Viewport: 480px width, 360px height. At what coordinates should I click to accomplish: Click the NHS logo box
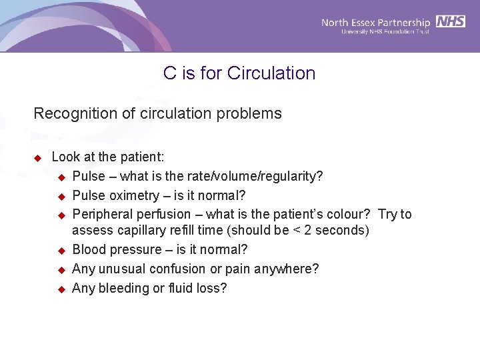[451, 22]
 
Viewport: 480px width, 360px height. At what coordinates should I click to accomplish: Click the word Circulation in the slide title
[271, 73]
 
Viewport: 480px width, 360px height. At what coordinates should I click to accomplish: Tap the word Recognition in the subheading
[72, 114]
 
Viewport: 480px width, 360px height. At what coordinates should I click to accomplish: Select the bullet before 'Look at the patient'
[38, 158]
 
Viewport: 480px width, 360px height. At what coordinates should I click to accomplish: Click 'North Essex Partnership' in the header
[375, 22]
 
